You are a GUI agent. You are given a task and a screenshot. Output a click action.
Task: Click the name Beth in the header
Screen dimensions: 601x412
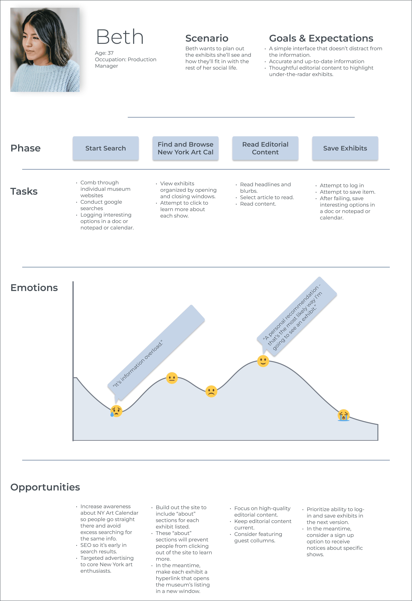tap(120, 37)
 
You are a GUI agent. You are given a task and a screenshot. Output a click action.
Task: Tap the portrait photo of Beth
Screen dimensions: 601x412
tap(45, 50)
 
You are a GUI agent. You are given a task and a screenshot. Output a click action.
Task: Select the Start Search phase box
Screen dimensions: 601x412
tap(106, 148)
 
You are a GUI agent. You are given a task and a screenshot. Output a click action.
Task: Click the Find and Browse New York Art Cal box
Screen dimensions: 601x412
tap(185, 148)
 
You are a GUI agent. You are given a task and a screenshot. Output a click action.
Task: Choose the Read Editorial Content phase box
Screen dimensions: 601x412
tap(265, 148)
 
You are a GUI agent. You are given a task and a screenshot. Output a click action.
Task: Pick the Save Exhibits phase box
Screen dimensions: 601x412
tap(345, 148)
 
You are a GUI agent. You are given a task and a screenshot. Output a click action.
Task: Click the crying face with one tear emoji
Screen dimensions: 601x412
tap(116, 411)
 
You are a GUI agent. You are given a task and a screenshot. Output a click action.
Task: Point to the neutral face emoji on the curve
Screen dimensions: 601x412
tap(172, 378)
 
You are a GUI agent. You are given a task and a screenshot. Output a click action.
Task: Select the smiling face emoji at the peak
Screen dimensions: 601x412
tap(263, 361)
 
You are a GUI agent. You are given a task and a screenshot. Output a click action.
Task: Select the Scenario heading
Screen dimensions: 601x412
tap(207, 38)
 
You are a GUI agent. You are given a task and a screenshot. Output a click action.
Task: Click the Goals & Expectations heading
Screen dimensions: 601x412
tap(321, 38)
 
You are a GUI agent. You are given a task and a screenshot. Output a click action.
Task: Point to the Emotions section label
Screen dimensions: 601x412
tap(34, 288)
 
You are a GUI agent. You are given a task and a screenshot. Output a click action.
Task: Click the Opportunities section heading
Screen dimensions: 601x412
tap(45, 487)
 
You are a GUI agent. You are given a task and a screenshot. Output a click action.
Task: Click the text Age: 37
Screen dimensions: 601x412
tap(104, 53)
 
